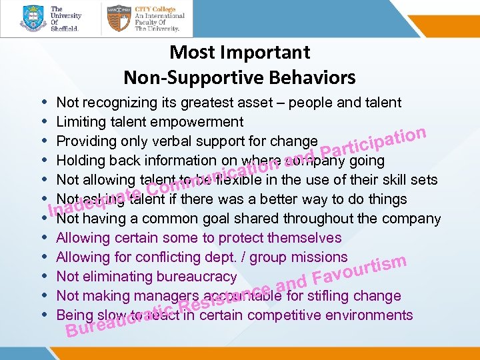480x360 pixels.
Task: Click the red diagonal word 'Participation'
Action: click(373, 136)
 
